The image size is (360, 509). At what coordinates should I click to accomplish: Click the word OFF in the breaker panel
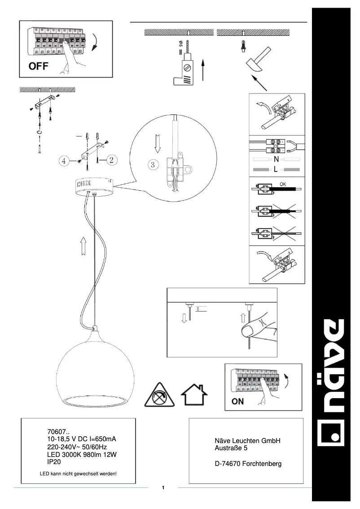pos(38,66)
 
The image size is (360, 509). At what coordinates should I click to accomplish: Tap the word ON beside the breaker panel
pos(237,402)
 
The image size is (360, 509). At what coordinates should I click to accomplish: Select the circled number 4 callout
pos(64,161)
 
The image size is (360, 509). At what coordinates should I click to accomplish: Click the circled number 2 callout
pos(111,160)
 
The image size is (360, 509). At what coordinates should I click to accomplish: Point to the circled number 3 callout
pos(153,165)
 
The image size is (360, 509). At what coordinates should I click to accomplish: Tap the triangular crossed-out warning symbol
pos(159,395)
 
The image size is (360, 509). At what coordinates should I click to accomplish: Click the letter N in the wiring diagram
pos(276,159)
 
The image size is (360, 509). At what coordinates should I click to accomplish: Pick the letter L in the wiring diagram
pos(276,169)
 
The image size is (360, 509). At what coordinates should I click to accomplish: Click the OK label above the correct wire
pos(283,184)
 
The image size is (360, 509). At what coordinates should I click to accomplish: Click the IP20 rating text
pos(54,461)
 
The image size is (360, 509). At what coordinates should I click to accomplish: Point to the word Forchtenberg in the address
pos(262,464)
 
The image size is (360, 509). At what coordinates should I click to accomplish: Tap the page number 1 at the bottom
pos(163,487)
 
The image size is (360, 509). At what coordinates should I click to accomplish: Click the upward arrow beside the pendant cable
pos(83,246)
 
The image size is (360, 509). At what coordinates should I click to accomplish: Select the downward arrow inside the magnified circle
pos(158,144)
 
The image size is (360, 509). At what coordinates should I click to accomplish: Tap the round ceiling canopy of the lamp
pos(94,187)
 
